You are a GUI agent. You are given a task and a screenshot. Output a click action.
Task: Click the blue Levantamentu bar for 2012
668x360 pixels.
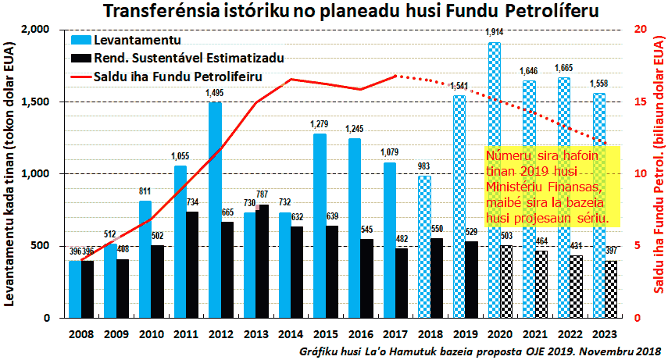click(x=214, y=211)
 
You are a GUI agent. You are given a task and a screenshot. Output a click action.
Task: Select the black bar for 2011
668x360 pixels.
click(x=192, y=266)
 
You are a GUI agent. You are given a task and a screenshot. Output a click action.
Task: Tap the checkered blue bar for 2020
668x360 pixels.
click(x=494, y=180)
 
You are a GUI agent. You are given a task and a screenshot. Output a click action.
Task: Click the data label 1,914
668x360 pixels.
click(x=494, y=32)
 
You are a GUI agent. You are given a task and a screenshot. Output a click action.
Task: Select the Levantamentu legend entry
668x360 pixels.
click(x=137, y=39)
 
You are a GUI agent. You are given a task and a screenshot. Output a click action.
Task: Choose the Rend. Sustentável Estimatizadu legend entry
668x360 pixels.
click(x=188, y=58)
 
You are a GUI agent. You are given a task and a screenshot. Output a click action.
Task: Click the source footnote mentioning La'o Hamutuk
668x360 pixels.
click(x=481, y=352)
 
